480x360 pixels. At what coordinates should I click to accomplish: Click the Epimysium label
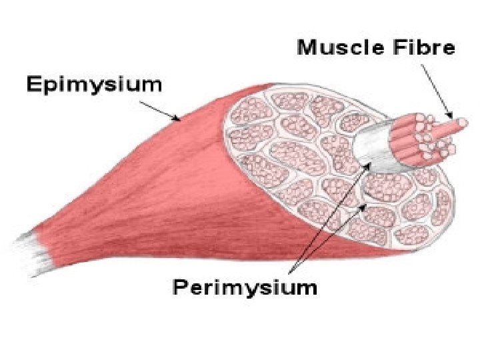94,85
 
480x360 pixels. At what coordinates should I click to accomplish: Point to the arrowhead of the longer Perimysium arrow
367,163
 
